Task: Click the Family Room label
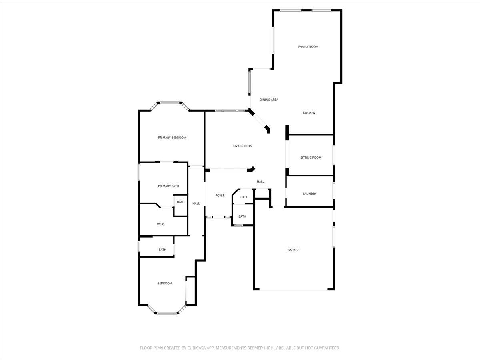point(308,47)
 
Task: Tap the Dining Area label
point(269,100)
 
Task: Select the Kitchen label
point(309,113)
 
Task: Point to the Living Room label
point(243,146)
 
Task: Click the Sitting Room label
point(311,158)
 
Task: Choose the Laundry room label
point(310,194)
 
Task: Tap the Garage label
point(293,250)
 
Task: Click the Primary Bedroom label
point(172,138)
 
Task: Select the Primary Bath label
point(168,186)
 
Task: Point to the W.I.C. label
point(161,224)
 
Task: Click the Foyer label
point(220,196)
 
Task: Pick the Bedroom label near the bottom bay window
point(164,284)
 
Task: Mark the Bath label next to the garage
point(242,216)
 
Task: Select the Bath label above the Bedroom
point(162,250)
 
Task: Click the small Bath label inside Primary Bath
point(181,202)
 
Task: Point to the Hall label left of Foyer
point(196,204)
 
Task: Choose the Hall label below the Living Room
point(260,182)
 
